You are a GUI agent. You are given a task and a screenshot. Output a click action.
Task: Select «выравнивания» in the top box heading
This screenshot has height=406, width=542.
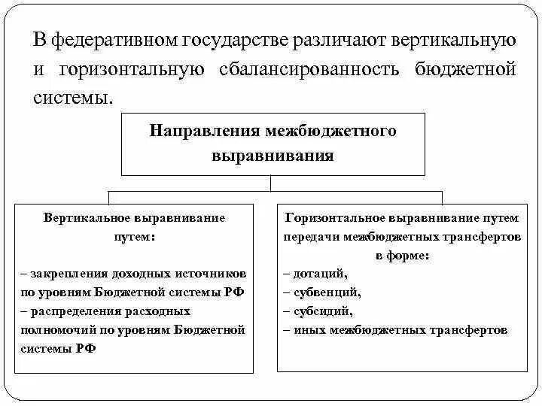coord(273,156)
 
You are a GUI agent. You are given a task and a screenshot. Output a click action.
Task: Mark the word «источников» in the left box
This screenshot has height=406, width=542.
coord(214,274)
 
